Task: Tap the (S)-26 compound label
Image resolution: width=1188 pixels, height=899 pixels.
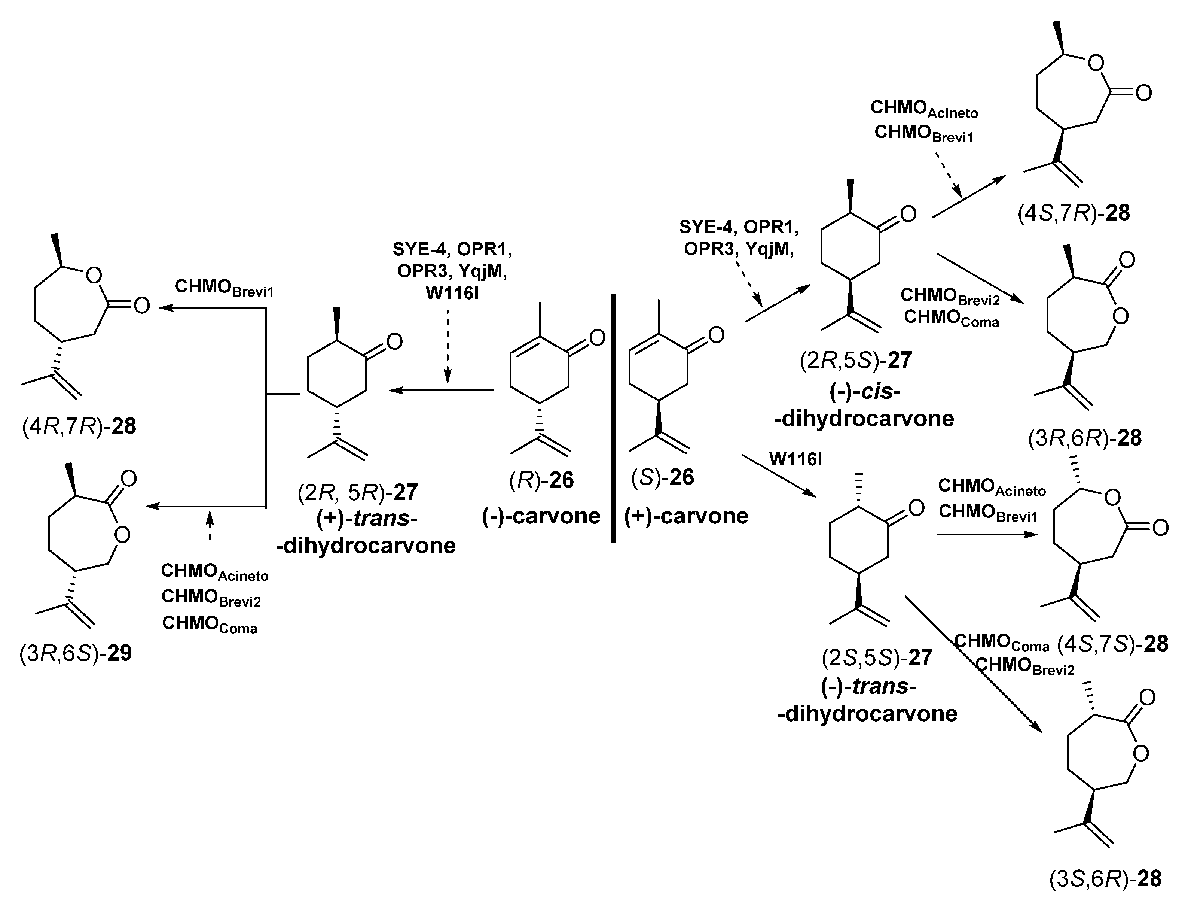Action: pyautogui.click(x=663, y=477)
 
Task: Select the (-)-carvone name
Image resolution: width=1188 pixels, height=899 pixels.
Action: pyautogui.click(x=541, y=516)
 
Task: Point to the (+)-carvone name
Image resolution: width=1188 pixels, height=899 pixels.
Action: pyautogui.click(x=686, y=516)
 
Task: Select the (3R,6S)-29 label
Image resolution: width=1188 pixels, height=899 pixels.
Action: pyautogui.click(x=76, y=654)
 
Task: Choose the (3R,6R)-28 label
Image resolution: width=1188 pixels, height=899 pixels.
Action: pyautogui.click(x=1085, y=438)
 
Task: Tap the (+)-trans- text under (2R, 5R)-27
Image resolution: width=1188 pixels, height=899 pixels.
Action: pyautogui.click(x=367, y=519)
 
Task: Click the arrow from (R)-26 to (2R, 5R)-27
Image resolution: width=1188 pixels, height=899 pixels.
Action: pyautogui.click(x=441, y=390)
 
